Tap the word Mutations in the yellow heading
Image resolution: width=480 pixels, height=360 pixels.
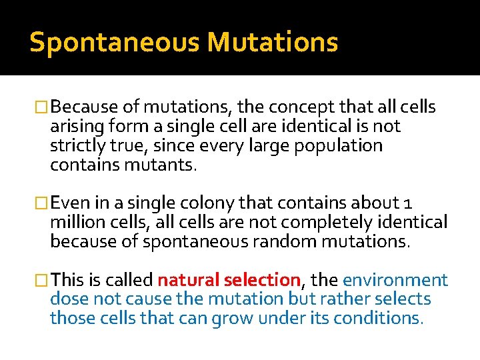pos(272,42)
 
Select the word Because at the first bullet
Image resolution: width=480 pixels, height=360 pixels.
pos(84,107)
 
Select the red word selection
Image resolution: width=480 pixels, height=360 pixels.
pos(263,280)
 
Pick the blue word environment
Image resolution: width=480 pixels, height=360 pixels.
pos(395,280)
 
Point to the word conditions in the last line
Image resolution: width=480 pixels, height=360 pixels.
pos(378,319)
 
